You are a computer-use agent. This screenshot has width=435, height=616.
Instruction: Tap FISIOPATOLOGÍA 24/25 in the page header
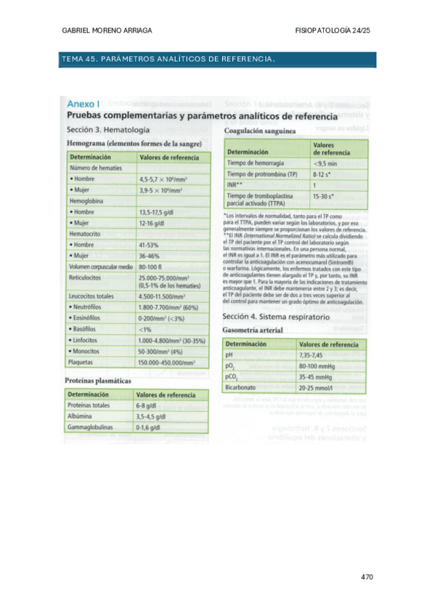click(333, 31)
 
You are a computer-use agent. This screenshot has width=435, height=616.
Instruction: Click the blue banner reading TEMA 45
click(216, 59)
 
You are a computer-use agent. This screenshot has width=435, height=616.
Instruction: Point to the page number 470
click(366, 577)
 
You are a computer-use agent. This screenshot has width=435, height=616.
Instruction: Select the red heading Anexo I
click(84, 105)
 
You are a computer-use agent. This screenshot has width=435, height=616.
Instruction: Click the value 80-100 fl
click(153, 270)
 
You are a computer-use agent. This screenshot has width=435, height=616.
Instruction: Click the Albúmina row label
click(81, 417)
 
